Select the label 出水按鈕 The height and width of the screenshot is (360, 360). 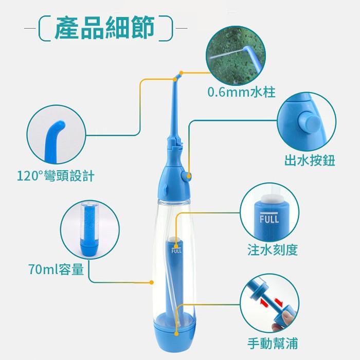coord(309,160)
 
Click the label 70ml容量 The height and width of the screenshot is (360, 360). coord(56,269)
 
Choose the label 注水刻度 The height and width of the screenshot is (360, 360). coord(273,251)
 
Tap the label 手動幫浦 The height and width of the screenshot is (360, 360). coord(272,343)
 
